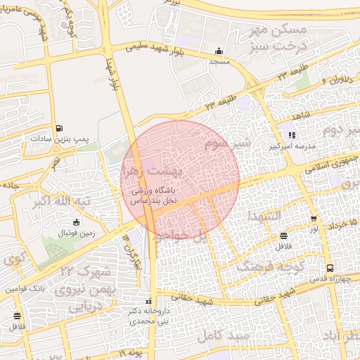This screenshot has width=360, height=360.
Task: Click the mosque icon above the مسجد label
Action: [x=219, y=51]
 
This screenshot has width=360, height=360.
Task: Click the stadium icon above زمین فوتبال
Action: [x=76, y=222]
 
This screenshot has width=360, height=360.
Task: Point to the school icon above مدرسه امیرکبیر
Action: [x=292, y=135]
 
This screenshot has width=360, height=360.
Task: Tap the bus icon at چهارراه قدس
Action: [x=330, y=268]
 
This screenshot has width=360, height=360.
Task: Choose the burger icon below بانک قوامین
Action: [x=15, y=316]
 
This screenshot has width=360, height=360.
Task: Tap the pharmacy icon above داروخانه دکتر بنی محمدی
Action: [x=147, y=299]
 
